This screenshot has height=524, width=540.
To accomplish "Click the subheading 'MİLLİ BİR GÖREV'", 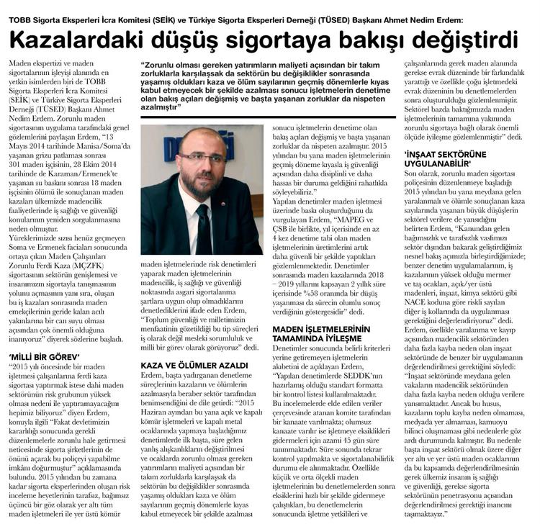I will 45,355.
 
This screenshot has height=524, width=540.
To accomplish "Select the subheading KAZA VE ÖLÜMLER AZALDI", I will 194,366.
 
